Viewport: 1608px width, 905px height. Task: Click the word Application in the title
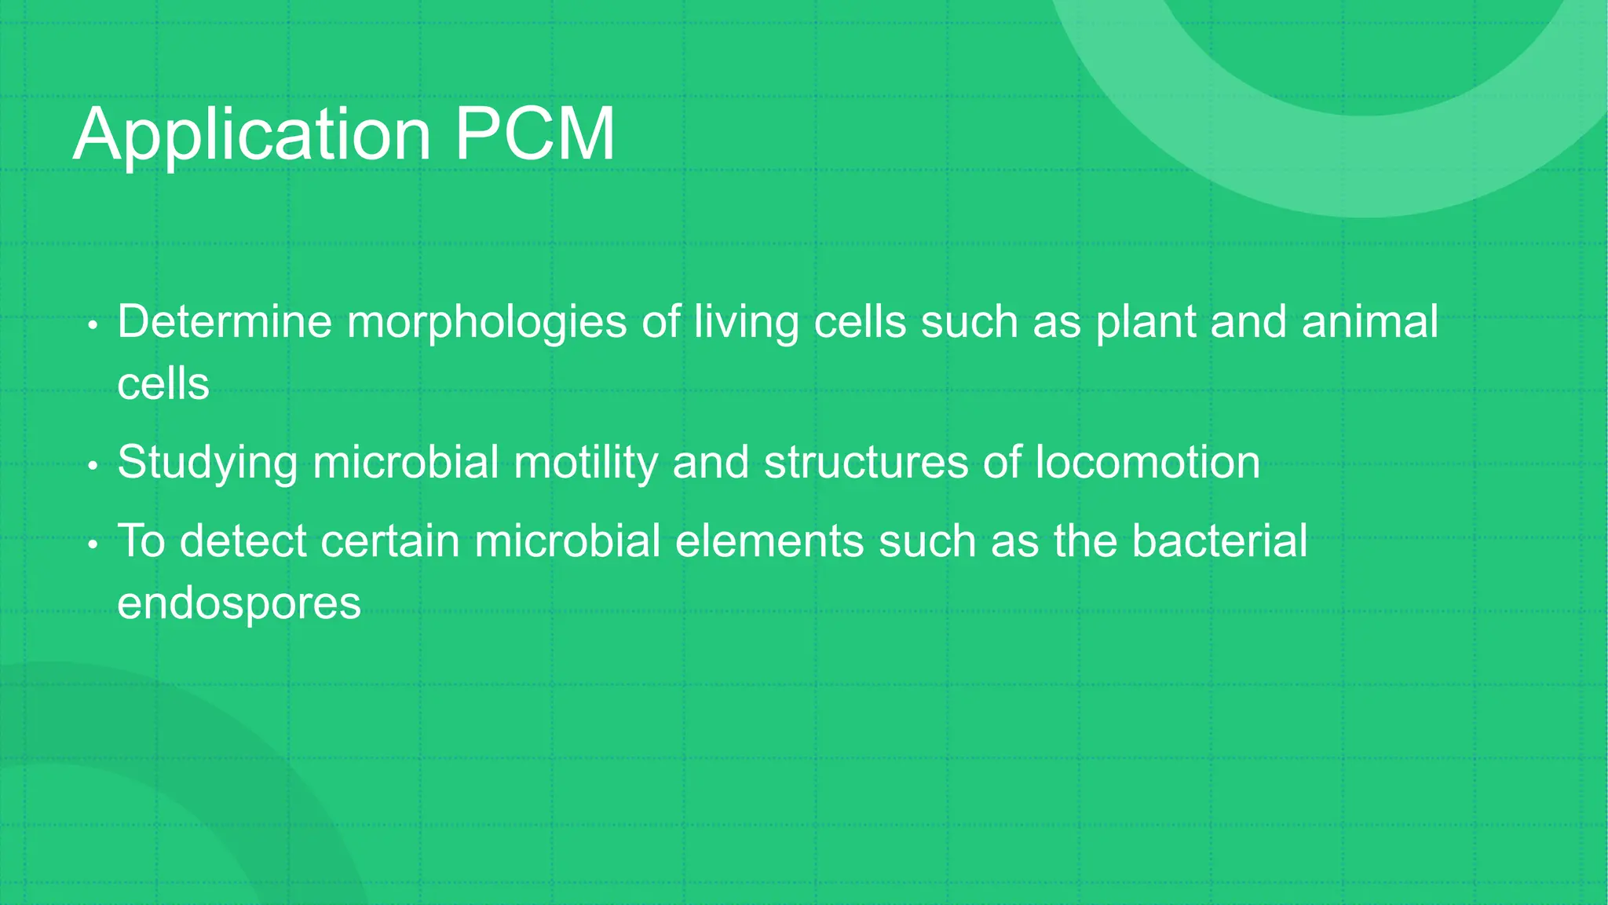pyautogui.click(x=252, y=135)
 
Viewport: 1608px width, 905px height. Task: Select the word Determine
pyautogui.click(x=225, y=322)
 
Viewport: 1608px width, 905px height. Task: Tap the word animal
pyautogui.click(x=1370, y=322)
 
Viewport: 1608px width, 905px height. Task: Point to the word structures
pyautogui.click(x=866, y=462)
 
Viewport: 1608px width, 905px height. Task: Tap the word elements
pyautogui.click(x=769, y=541)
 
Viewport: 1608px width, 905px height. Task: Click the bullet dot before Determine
pyautogui.click(x=93, y=325)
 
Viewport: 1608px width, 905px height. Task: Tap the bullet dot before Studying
pyautogui.click(x=93, y=466)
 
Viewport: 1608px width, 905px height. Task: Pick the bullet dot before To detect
pyautogui.click(x=93, y=544)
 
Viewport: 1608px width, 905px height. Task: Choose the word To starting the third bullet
pyautogui.click(x=141, y=541)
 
